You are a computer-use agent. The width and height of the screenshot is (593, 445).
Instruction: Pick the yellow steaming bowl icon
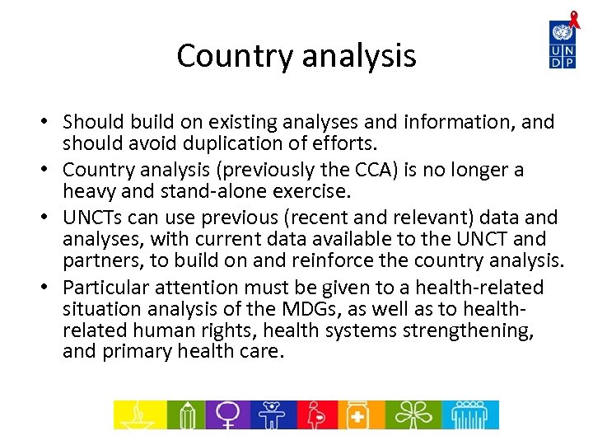(x=139, y=415)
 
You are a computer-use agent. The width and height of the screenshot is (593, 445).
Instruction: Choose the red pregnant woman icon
(x=315, y=415)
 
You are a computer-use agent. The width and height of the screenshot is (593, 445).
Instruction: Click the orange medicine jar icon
(x=358, y=415)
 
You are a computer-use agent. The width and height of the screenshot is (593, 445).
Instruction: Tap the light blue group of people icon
(x=469, y=415)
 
